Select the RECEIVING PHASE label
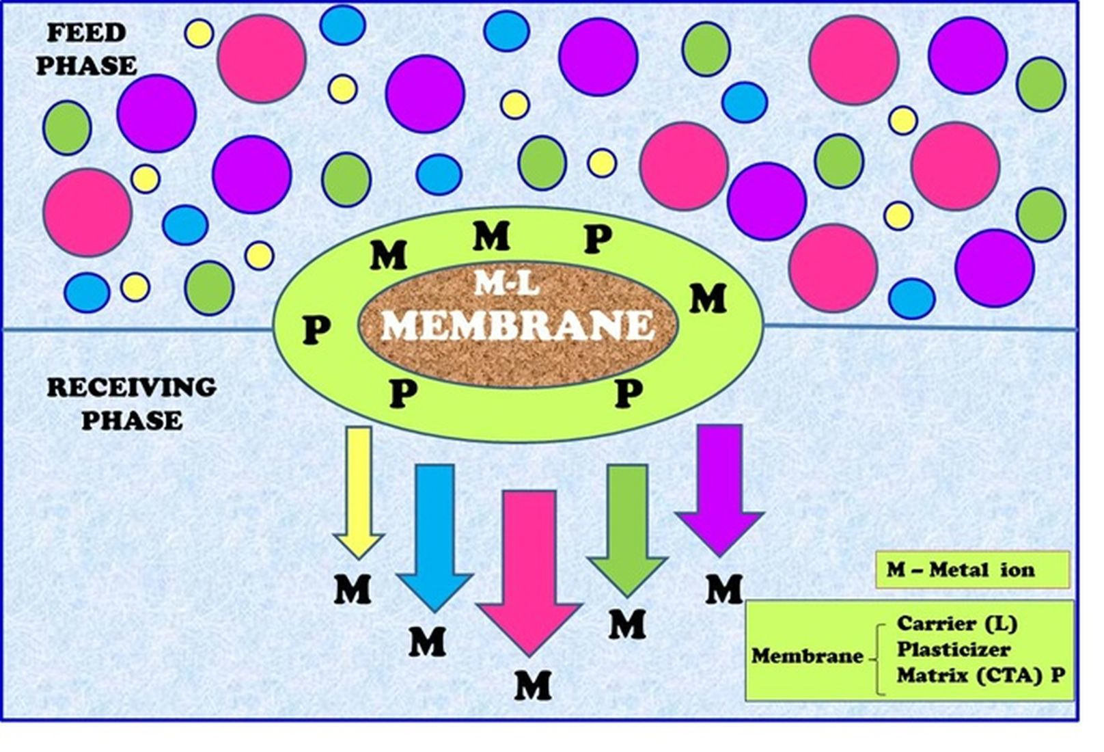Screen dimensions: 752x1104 (131, 403)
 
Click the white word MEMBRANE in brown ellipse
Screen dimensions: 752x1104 (517, 325)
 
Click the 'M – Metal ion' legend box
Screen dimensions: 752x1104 (971, 569)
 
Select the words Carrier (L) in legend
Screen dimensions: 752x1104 (956, 623)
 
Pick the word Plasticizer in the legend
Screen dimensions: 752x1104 (953, 649)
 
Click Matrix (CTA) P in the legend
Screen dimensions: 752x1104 (980, 675)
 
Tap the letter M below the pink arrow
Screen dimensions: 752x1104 (533, 685)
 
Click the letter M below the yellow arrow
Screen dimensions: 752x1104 (353, 589)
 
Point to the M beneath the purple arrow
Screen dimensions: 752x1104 (724, 589)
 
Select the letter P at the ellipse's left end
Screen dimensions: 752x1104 (316, 330)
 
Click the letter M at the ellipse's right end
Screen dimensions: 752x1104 (708, 299)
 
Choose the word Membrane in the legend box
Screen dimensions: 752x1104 (807, 656)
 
